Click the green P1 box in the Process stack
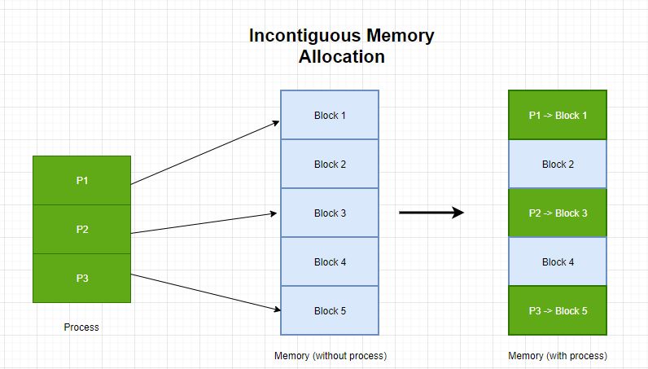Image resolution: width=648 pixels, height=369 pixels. pyautogui.click(x=81, y=180)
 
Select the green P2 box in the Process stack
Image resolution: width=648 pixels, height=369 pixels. pyautogui.click(x=81, y=229)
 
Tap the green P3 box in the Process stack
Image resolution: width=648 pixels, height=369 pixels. pyautogui.click(x=81, y=278)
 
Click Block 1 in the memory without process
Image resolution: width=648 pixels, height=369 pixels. pyautogui.click(x=330, y=115)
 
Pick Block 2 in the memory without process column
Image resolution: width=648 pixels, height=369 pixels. pyautogui.click(x=330, y=164)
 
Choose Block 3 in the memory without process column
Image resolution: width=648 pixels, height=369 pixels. pyautogui.click(x=330, y=213)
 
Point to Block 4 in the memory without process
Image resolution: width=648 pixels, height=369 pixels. pyautogui.click(x=330, y=261)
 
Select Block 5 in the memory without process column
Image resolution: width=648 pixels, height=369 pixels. pyautogui.click(x=330, y=310)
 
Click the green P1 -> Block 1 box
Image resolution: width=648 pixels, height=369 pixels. pyautogui.click(x=558, y=115)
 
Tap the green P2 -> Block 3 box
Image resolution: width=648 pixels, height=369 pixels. pyautogui.click(x=558, y=213)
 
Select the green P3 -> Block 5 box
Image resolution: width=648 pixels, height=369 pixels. pyautogui.click(x=558, y=310)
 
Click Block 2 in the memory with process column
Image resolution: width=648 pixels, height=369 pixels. pyautogui.click(x=558, y=164)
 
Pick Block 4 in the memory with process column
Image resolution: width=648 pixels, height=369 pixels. pyautogui.click(x=558, y=261)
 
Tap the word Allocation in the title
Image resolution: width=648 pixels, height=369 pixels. pyautogui.click(x=341, y=57)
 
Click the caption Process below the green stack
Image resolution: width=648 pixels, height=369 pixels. pyautogui.click(x=81, y=327)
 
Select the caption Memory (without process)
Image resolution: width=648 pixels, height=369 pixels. pyautogui.click(x=330, y=356)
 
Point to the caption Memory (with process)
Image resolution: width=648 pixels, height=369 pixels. pyautogui.click(x=558, y=356)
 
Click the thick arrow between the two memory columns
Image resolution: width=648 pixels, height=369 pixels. pyautogui.click(x=431, y=213)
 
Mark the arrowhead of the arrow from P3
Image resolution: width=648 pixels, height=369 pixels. pyautogui.click(x=277, y=310)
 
